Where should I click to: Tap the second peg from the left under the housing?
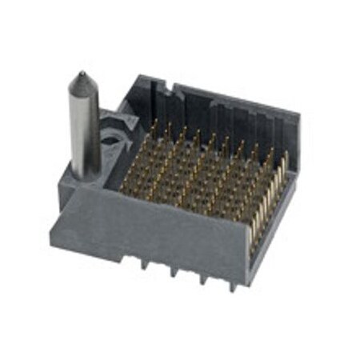pos(173,273)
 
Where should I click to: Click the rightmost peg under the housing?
pos(231,287)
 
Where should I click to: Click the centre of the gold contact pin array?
pos(200,168)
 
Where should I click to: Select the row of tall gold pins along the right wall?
pos(268,192)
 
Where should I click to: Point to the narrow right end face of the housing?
pos(272,232)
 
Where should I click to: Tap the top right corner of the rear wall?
pos(298,118)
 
